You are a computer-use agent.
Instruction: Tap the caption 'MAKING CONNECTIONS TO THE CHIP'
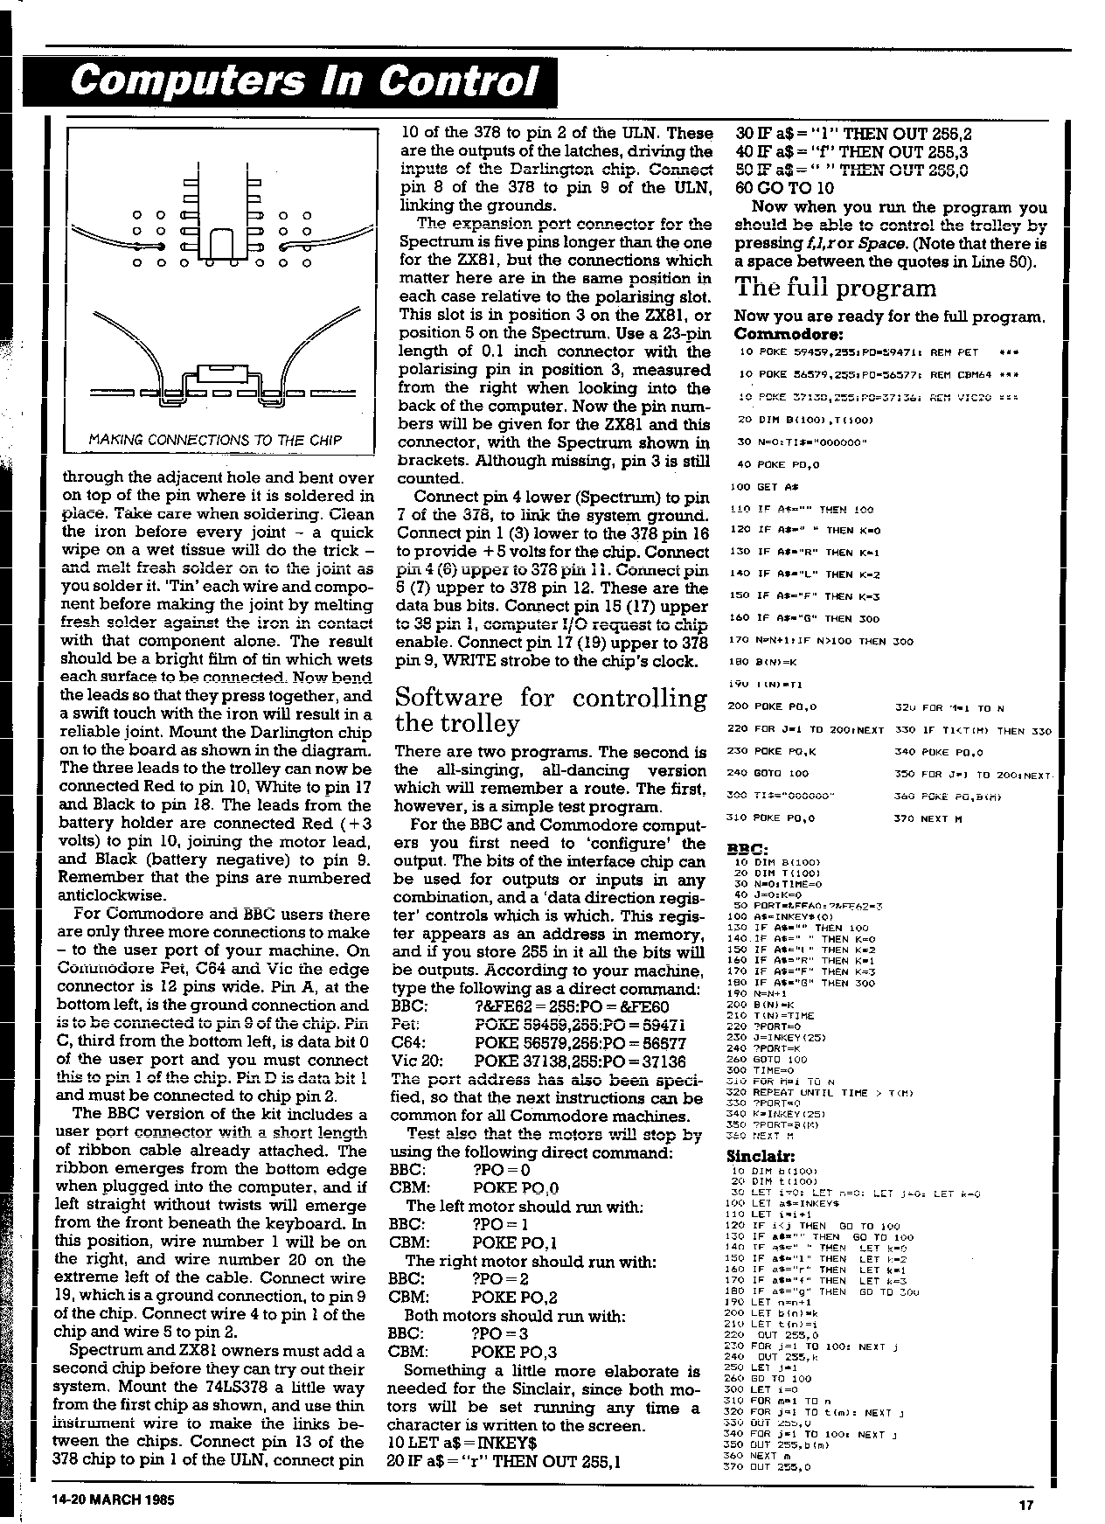[216, 439]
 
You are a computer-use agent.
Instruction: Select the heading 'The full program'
[835, 288]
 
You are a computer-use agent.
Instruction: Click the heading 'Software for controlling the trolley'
[551, 710]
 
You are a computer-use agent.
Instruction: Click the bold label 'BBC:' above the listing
[748, 848]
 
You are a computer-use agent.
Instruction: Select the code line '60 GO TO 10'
[785, 188]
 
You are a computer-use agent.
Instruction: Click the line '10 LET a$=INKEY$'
[462, 1442]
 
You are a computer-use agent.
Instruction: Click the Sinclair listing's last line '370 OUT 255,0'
[769, 1466]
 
